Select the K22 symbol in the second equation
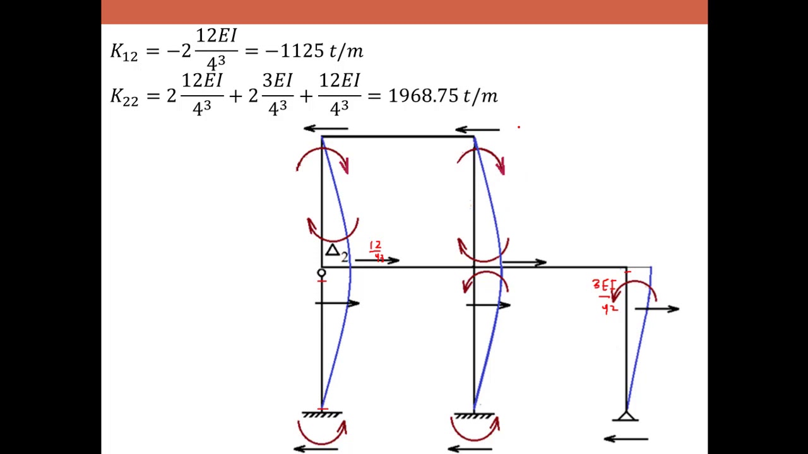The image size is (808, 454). click(x=124, y=96)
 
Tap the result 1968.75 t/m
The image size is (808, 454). click(x=443, y=96)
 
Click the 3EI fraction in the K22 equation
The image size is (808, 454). click(x=277, y=95)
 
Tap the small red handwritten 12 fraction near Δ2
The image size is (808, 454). click(x=376, y=250)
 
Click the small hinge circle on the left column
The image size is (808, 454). click(x=321, y=273)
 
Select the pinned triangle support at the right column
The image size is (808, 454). click(x=626, y=417)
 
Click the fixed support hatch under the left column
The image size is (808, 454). click(x=322, y=415)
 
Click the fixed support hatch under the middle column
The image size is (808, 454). click(x=474, y=416)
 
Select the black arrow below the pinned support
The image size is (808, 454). click(x=626, y=439)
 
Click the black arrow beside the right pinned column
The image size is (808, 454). click(x=656, y=308)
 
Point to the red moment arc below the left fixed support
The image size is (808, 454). click(x=322, y=433)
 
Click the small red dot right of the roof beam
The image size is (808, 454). click(x=519, y=127)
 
